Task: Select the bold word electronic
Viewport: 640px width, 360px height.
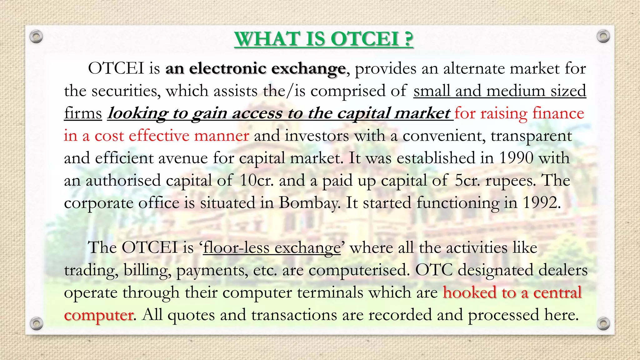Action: coord(227,68)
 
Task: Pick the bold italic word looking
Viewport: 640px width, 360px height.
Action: coord(137,113)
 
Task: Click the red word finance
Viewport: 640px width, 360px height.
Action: coord(558,113)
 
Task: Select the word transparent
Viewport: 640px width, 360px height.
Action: coord(531,136)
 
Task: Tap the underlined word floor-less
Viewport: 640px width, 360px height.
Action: coord(236,248)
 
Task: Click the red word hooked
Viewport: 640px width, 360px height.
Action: coord(470,293)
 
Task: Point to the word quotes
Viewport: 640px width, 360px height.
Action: coord(191,315)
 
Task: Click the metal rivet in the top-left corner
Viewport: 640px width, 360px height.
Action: coord(36,37)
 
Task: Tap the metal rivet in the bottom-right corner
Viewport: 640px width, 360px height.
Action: coord(603,323)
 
